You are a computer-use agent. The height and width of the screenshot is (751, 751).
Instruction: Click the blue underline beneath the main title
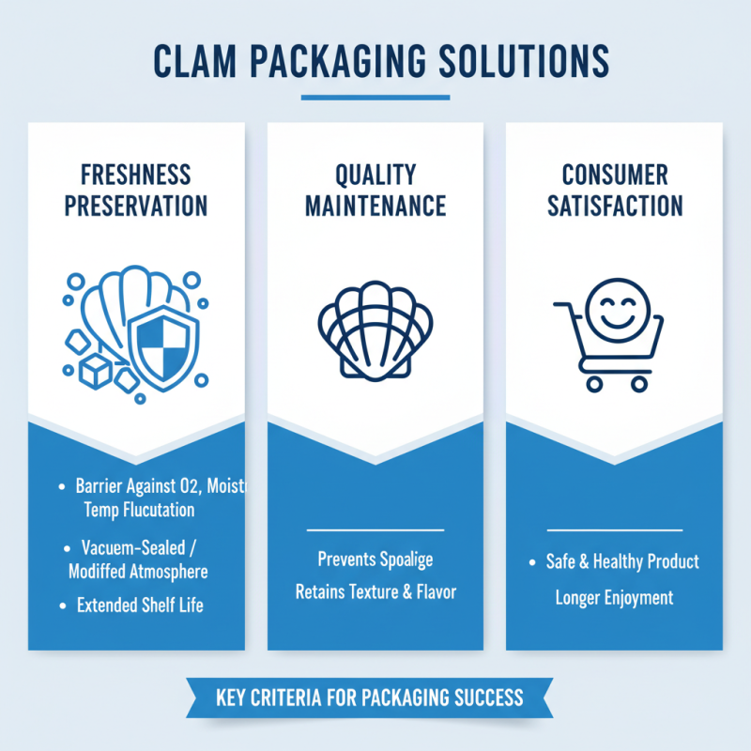click(375, 97)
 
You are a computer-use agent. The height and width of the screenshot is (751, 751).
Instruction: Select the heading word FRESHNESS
click(136, 174)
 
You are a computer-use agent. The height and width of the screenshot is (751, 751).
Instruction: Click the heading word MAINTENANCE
click(375, 205)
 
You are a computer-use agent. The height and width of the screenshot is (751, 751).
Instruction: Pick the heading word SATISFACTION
click(615, 205)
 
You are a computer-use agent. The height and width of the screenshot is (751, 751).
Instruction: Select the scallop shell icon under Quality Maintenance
click(375, 333)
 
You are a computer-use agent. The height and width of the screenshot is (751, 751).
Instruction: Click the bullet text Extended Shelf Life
click(139, 605)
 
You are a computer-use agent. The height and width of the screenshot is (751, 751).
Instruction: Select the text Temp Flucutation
click(131, 511)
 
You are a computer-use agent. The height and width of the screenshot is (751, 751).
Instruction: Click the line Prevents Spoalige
click(375, 559)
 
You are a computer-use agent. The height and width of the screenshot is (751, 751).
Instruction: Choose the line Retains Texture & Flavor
click(375, 592)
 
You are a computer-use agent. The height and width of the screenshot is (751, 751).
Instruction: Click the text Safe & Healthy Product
click(622, 561)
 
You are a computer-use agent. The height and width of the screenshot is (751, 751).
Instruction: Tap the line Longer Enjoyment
click(615, 597)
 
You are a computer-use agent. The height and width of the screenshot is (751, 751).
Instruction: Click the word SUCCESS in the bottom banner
click(483, 698)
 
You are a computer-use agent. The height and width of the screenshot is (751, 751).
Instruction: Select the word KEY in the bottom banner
click(232, 698)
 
